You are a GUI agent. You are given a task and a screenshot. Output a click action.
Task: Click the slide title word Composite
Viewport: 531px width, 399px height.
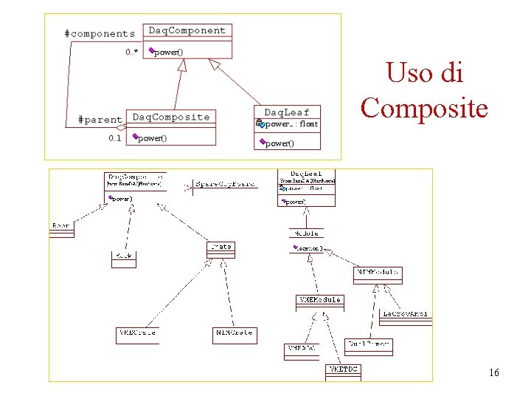click(424, 108)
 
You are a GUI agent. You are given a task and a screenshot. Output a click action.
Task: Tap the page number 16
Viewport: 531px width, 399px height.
click(493, 372)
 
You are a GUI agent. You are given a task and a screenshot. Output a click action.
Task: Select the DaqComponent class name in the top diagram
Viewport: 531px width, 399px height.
click(187, 30)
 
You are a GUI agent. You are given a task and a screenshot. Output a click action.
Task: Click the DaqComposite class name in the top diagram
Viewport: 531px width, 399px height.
click(170, 117)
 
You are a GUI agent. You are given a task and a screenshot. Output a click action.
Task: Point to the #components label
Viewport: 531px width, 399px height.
click(100, 33)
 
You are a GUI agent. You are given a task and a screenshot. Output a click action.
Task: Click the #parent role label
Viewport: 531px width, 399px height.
click(100, 119)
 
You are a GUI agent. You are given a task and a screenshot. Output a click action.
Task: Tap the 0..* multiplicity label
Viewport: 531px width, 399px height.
click(131, 52)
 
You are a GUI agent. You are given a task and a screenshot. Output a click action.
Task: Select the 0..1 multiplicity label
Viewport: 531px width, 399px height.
click(115, 138)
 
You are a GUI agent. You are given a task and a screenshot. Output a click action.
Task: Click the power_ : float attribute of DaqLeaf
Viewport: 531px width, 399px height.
click(291, 124)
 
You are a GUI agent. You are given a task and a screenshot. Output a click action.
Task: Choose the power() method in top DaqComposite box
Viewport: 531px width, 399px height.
click(152, 137)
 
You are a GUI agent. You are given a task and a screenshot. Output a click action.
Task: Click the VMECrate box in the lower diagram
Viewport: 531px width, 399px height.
click(136, 334)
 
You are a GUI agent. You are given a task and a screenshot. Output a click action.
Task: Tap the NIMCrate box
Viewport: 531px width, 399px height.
click(234, 334)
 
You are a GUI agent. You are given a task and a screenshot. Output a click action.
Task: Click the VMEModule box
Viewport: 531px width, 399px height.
click(319, 301)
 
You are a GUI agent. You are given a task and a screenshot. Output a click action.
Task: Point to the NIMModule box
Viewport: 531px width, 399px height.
click(378, 273)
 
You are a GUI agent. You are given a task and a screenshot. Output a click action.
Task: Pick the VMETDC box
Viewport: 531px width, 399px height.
click(342, 369)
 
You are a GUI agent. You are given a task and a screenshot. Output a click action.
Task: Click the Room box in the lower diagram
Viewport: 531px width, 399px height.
click(62, 227)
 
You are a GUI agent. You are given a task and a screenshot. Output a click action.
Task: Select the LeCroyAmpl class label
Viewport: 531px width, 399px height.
click(405, 314)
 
